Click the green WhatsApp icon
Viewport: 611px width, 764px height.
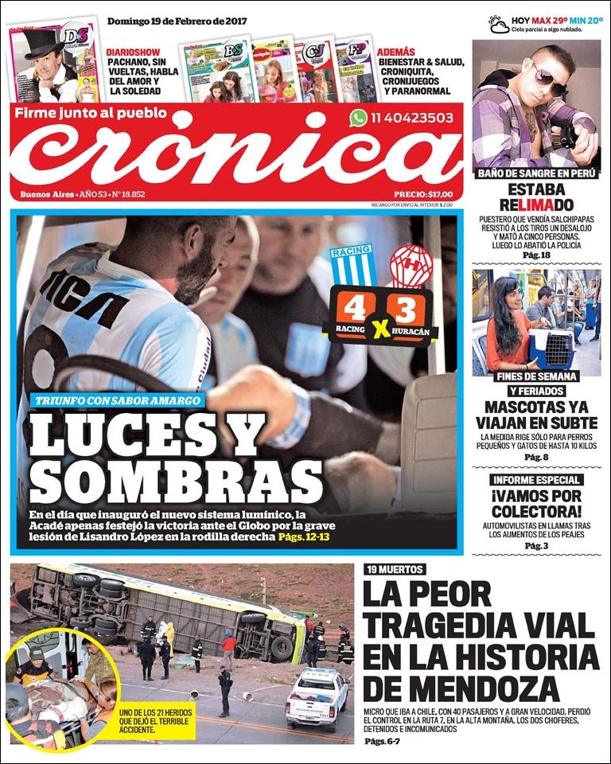[x=358, y=118]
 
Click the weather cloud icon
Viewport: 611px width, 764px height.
[x=499, y=24]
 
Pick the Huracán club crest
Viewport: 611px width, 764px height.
[x=411, y=267]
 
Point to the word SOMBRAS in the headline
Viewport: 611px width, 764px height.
[x=170, y=479]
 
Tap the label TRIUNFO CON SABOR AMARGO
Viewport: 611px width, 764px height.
[x=117, y=401]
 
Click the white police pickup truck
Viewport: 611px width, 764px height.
[x=317, y=696]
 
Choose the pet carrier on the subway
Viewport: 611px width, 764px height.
[x=551, y=349]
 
